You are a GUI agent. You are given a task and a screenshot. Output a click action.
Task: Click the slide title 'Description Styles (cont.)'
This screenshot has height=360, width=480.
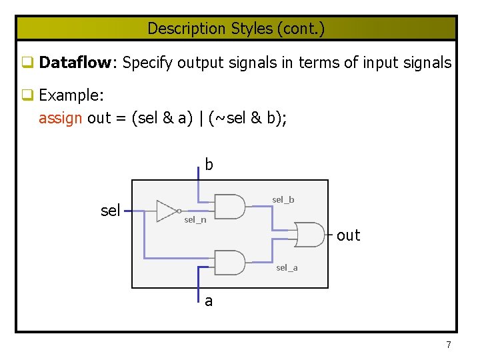click(x=236, y=29)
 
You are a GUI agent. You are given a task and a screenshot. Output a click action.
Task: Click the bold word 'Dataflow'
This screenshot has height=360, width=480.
click(x=75, y=63)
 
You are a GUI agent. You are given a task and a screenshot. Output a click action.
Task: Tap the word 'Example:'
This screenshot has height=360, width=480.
click(x=71, y=95)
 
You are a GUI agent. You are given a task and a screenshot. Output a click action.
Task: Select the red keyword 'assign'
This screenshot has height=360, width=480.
click(x=61, y=118)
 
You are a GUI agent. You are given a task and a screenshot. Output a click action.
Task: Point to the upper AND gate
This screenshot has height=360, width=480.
click(x=230, y=206)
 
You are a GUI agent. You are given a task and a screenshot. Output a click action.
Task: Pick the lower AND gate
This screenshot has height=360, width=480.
click(x=230, y=262)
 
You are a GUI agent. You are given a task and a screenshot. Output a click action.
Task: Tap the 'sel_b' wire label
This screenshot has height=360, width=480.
click(x=283, y=199)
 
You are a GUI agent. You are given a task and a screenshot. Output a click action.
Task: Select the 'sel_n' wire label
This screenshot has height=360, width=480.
click(x=195, y=220)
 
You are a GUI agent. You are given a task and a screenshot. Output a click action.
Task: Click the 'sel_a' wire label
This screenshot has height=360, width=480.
click(x=287, y=267)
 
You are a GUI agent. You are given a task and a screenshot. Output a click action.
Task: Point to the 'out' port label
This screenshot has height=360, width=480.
click(x=348, y=235)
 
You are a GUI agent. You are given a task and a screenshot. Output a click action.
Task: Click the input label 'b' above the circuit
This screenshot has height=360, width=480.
click(x=209, y=165)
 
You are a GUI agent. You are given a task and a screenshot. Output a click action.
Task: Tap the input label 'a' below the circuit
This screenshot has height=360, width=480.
click(x=209, y=301)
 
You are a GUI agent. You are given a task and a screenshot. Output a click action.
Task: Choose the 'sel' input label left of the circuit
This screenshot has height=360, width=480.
click(x=110, y=211)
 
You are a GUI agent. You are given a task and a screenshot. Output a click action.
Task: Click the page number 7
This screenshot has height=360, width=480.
click(x=448, y=345)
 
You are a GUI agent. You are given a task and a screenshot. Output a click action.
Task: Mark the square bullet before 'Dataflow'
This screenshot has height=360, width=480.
click(x=28, y=63)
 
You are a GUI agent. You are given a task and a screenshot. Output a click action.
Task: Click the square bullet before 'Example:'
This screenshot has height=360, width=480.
click(x=28, y=96)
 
